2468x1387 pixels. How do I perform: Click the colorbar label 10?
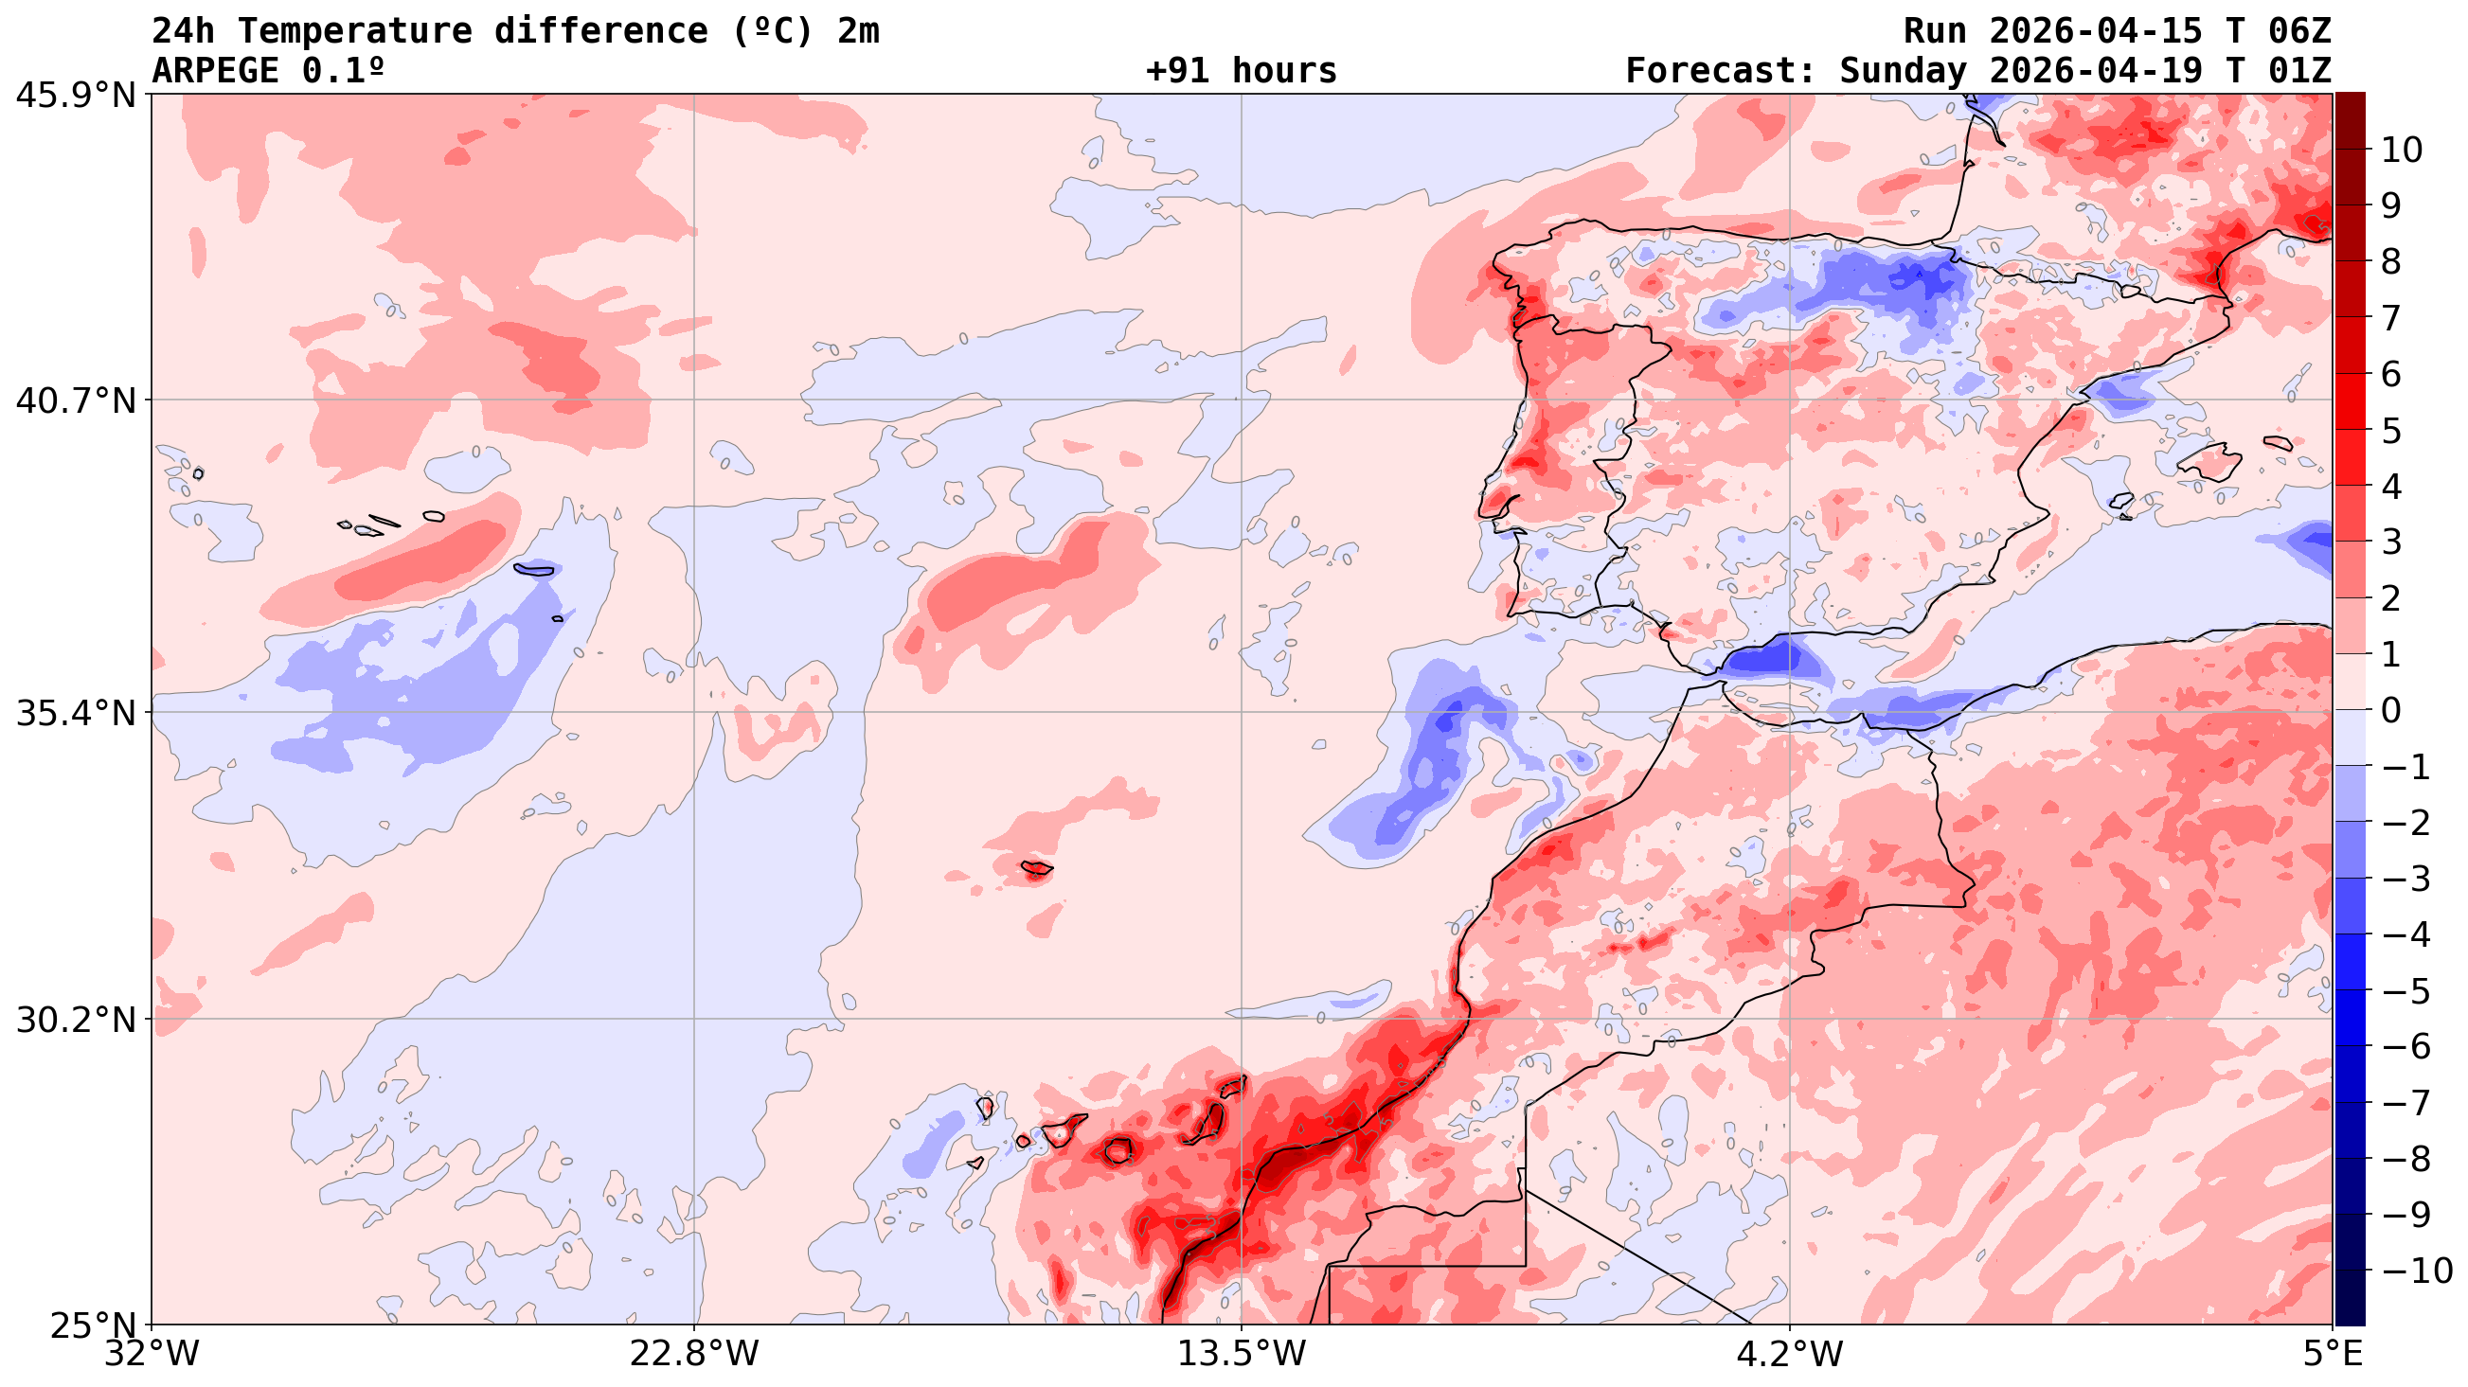point(2401,150)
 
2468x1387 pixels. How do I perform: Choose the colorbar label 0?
point(2390,711)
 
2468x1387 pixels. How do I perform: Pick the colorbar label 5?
point(2390,430)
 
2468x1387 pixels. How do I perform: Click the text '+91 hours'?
point(1241,71)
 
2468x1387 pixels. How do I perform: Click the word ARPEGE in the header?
point(215,71)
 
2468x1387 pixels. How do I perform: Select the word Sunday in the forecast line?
point(1903,71)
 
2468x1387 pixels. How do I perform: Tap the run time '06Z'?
point(2299,30)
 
